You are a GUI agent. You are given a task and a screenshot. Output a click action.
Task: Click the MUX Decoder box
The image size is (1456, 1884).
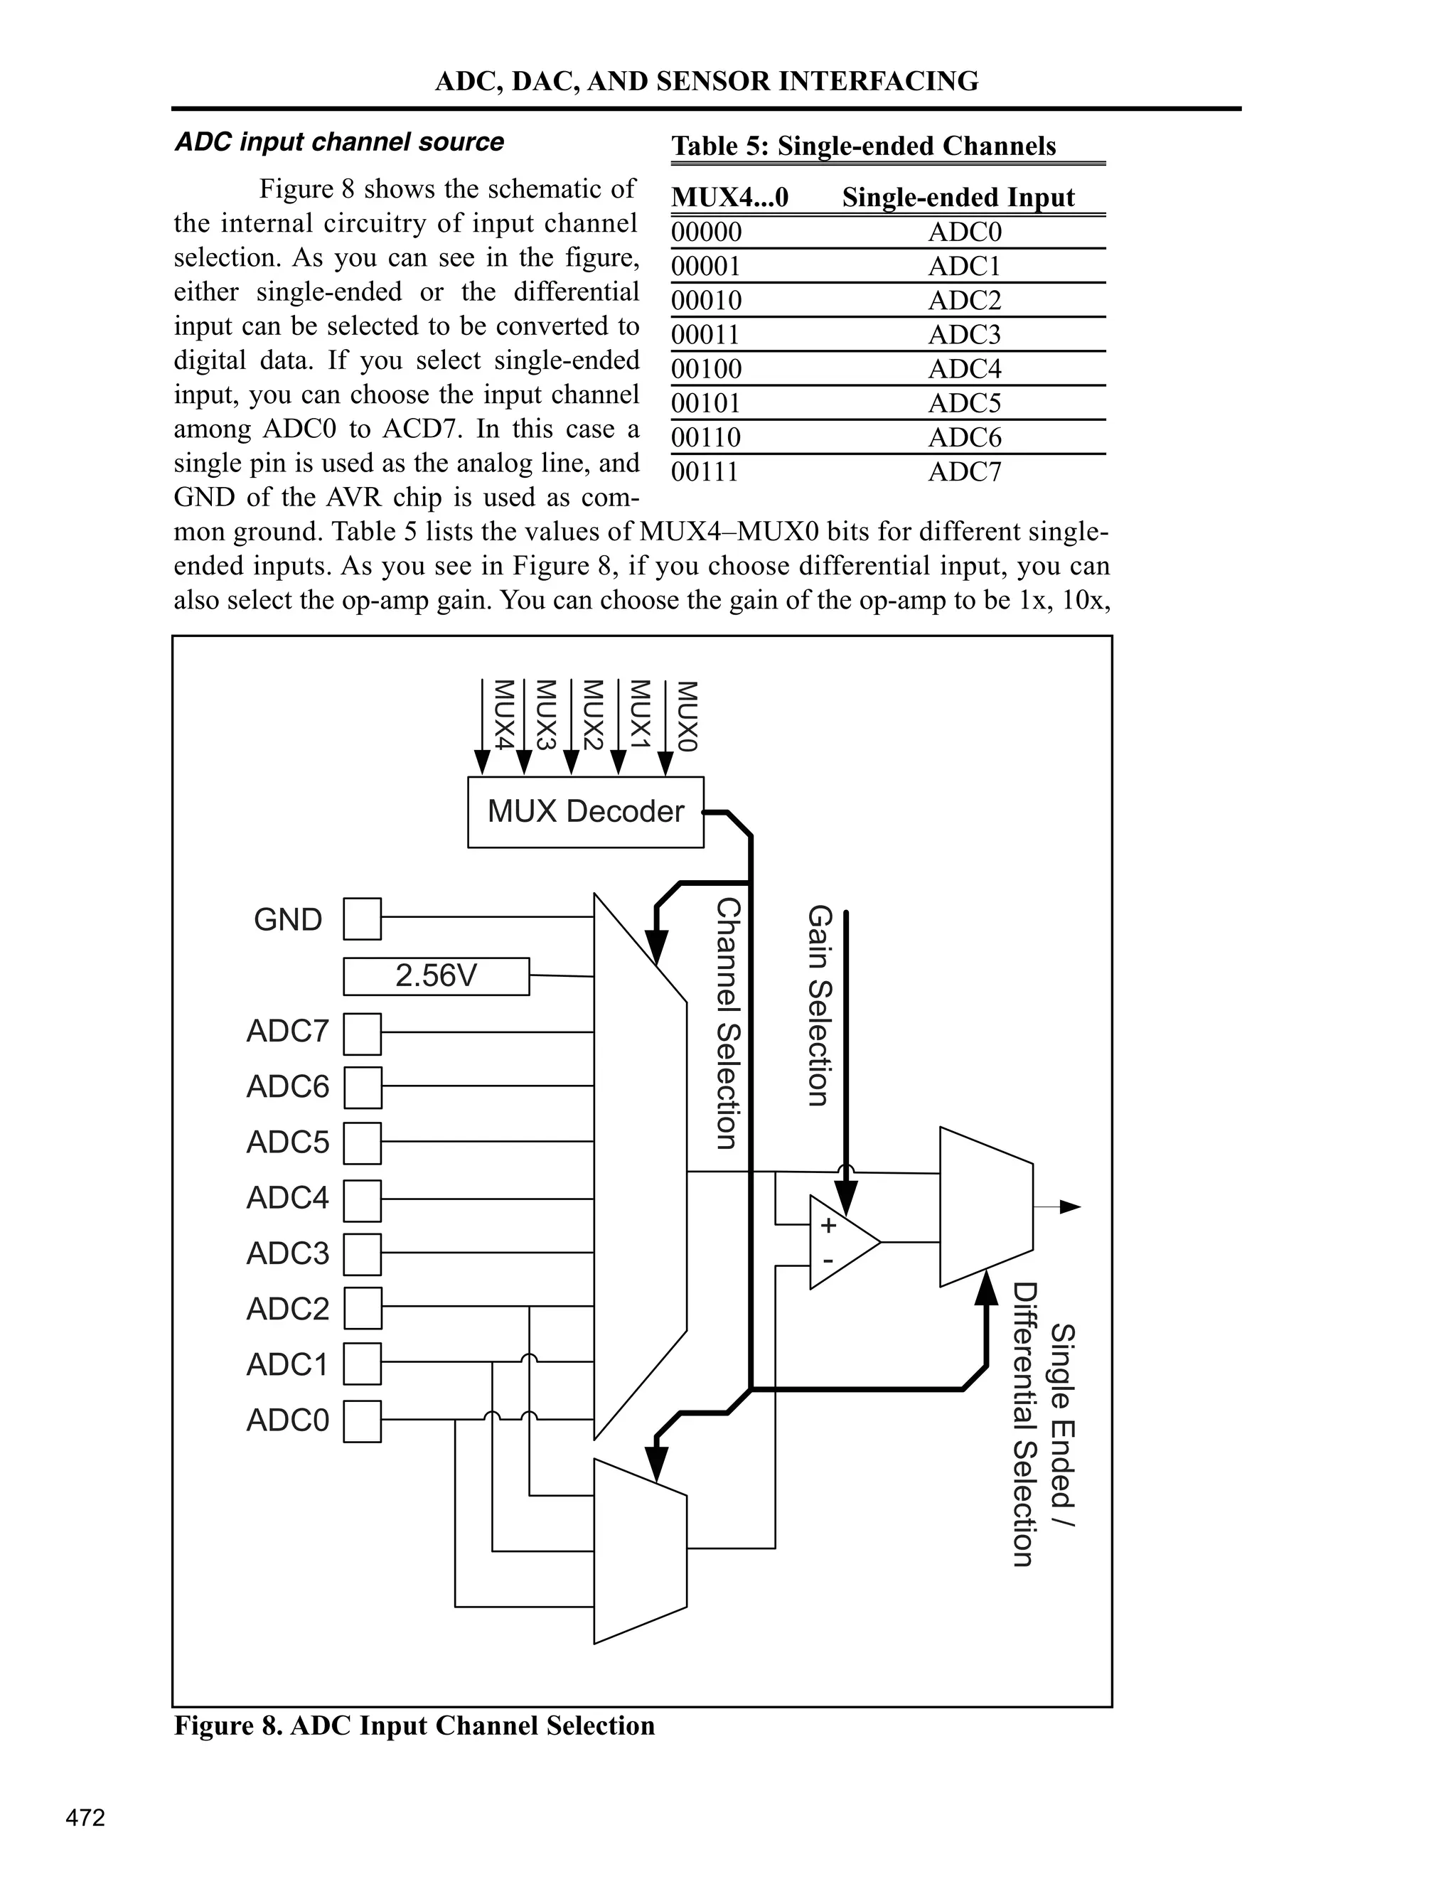pos(586,812)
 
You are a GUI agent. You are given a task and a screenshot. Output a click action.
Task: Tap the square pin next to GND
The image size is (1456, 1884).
pos(363,919)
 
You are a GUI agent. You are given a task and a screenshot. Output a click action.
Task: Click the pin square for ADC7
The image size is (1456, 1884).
pos(363,1034)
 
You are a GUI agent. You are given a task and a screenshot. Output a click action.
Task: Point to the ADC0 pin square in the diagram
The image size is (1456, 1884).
pos(363,1420)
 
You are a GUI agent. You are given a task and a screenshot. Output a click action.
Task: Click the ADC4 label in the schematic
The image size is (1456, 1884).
pos(287,1198)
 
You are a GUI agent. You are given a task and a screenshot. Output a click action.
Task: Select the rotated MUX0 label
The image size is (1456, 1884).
pos(686,716)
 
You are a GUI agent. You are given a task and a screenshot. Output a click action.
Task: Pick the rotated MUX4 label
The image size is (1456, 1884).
pos(504,716)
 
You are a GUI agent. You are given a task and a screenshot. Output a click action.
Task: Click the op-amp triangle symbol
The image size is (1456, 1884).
pos(842,1242)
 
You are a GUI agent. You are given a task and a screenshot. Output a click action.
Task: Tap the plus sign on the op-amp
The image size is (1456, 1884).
pos(828,1225)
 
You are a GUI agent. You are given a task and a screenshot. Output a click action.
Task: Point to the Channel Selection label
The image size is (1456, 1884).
pos(729,1023)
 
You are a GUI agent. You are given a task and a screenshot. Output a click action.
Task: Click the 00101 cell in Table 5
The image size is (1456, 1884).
pos(705,404)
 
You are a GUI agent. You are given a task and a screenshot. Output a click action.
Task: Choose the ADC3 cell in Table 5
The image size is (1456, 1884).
pos(964,335)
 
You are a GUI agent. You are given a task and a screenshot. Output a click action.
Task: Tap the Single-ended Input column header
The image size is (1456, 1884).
pos(958,198)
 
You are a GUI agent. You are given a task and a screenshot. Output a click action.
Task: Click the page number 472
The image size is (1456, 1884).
pos(85,1818)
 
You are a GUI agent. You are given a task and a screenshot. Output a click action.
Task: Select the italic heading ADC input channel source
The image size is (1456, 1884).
pos(339,142)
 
